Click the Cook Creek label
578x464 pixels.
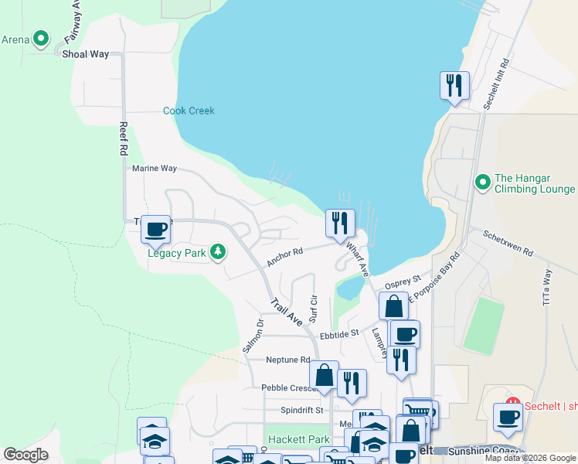(189, 111)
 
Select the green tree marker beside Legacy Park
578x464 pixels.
(219, 251)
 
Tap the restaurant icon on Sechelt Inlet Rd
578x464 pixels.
(454, 85)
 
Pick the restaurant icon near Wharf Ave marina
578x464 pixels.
(340, 223)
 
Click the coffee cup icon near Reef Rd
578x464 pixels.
(155, 229)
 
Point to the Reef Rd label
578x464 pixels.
(123, 139)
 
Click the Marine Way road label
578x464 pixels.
(155, 168)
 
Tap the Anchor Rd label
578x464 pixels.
(284, 257)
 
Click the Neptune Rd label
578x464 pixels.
(287, 360)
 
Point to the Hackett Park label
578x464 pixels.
(299, 439)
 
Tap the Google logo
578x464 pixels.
(26, 455)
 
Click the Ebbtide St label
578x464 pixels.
(340, 335)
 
